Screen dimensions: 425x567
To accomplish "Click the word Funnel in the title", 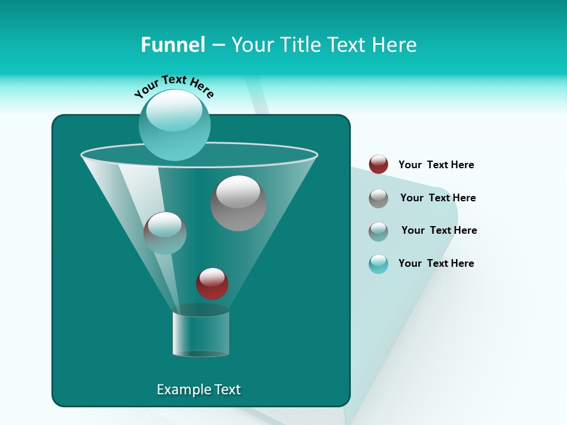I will click(x=172, y=45).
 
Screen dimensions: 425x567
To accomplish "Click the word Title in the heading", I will click(x=299, y=45).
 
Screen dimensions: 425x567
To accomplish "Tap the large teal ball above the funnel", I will click(x=174, y=125).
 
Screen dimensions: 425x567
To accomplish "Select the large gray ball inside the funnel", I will click(x=238, y=203).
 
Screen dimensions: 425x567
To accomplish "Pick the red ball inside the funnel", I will click(x=212, y=284).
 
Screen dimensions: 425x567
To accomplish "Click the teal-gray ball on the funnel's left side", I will click(x=165, y=233).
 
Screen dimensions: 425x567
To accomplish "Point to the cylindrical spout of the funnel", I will click(x=201, y=334).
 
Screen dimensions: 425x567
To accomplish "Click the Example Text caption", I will click(x=198, y=390).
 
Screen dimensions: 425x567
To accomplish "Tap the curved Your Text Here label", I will click(x=174, y=86).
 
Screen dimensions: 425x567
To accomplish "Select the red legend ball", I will click(x=379, y=165).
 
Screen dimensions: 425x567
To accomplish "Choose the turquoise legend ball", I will click(x=379, y=264).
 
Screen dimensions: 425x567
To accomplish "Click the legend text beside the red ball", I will click(x=436, y=165).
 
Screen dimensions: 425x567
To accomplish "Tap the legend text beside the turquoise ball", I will click(x=436, y=263).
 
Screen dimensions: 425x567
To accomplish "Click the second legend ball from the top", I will click(x=379, y=198).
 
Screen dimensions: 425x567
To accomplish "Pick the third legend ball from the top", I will click(x=379, y=231).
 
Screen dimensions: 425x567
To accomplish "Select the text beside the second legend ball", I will click(x=438, y=198).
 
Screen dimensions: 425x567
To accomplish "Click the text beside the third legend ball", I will click(x=439, y=230).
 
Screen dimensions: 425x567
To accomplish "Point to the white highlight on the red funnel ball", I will click(x=212, y=276).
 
